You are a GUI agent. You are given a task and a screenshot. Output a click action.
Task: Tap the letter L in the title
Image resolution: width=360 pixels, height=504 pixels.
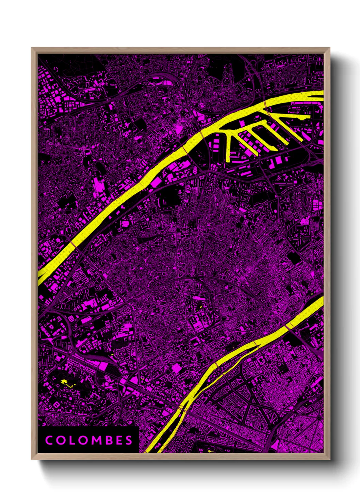tap(72, 440)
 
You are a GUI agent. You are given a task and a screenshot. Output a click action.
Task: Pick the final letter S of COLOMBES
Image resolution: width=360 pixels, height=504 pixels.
tap(129, 440)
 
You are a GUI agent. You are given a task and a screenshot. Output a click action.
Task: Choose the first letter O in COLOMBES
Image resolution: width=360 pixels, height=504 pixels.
tap(60, 440)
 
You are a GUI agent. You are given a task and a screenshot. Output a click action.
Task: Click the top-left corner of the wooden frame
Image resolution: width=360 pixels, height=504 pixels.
tap(32, 48)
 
